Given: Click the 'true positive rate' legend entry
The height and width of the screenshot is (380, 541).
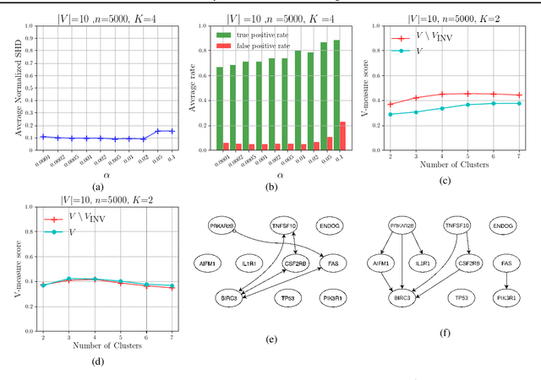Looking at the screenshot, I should pyautogui.click(x=263, y=35).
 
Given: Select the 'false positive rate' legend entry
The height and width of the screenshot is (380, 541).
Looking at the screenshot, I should pyautogui.click(x=264, y=46).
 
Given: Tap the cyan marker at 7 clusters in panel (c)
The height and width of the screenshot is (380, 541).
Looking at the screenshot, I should pyautogui.click(x=518, y=103).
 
